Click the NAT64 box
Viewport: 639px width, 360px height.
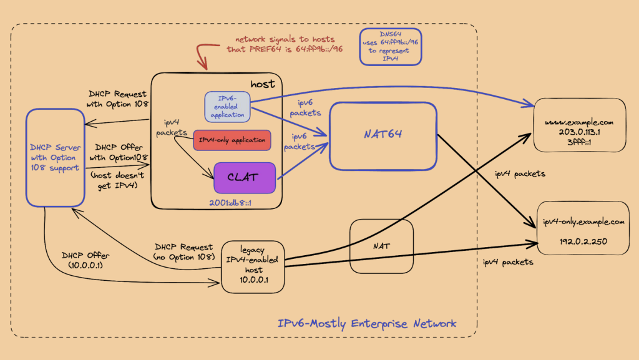click(x=382, y=135)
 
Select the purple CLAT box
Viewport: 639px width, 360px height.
click(x=245, y=177)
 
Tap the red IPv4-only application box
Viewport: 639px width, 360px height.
click(x=232, y=140)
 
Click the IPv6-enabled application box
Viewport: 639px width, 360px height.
click(x=227, y=107)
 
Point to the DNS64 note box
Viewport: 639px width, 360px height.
click(x=389, y=46)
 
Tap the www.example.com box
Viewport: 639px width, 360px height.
click(x=578, y=125)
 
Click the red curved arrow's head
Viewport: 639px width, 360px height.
click(x=202, y=65)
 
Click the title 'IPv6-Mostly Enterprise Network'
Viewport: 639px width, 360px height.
click(x=367, y=323)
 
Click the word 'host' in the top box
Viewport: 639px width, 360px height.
click(x=263, y=84)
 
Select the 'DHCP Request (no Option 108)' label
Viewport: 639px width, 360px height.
click(x=183, y=251)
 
